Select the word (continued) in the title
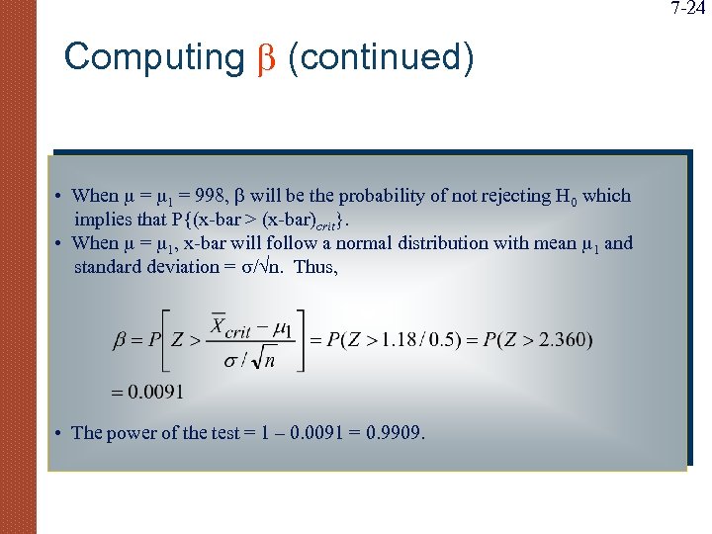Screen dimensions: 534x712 pyautogui.click(x=381, y=57)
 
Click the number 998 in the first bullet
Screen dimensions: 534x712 pyautogui.click(x=209, y=196)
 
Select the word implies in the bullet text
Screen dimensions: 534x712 pyautogui.click(x=102, y=220)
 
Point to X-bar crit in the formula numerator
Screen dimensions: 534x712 pyautogui.click(x=234, y=325)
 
